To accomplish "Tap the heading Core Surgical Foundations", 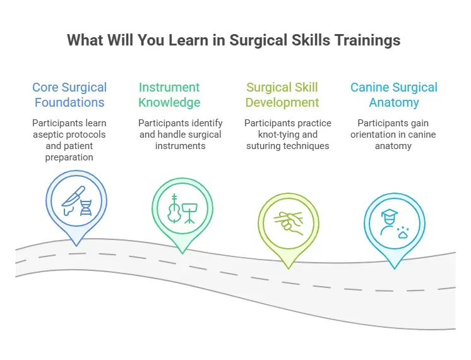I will coord(69,95).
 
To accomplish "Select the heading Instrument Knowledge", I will coord(169,95).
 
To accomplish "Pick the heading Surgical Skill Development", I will coord(282,95).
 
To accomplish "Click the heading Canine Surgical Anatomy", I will coord(394,95).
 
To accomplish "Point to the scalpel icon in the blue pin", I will coord(72,196).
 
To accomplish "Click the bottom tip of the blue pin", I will coord(76,245).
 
